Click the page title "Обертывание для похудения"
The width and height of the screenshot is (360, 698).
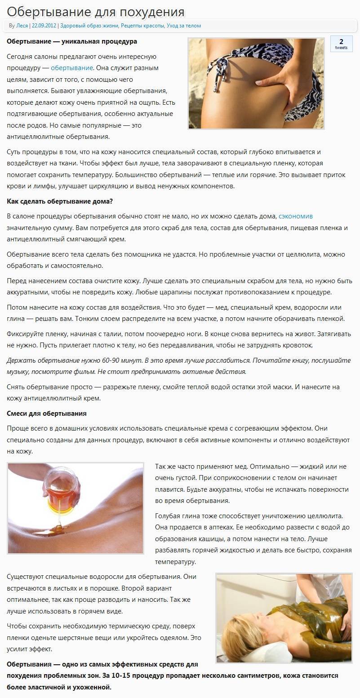coord(96,11)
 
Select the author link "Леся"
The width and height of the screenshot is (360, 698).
coord(22,26)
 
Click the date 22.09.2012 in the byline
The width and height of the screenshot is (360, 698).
coord(44,26)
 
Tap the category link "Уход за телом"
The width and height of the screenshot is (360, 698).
coord(184,26)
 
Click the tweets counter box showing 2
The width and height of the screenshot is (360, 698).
coord(341,44)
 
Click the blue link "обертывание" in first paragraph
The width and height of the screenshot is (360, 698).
coord(72,68)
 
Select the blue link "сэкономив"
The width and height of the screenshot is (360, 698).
coord(295,216)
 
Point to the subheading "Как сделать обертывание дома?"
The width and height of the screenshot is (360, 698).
coord(60,201)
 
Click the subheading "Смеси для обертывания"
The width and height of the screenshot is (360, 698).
coord(47,413)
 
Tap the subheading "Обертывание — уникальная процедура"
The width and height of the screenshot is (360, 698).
coord(72,41)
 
